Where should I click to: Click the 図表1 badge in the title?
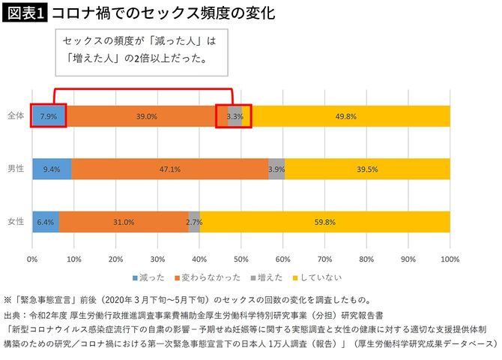click(25, 13)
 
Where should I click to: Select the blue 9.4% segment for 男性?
click(52, 169)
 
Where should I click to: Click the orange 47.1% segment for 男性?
click(170, 169)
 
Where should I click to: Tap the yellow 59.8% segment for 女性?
click(324, 222)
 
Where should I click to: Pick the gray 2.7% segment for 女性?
click(194, 222)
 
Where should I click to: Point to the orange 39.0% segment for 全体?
click(147, 116)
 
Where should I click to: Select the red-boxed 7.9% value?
click(48, 116)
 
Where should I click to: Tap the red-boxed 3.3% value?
click(234, 116)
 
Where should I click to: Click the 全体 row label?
click(16, 115)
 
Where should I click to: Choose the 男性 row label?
click(16, 169)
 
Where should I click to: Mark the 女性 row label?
click(16, 222)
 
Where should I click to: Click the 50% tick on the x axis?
click(241, 259)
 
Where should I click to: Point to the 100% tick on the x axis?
click(450, 259)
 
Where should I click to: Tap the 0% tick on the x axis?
click(32, 259)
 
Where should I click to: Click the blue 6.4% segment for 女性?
click(45, 222)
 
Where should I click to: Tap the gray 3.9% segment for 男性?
click(276, 169)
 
